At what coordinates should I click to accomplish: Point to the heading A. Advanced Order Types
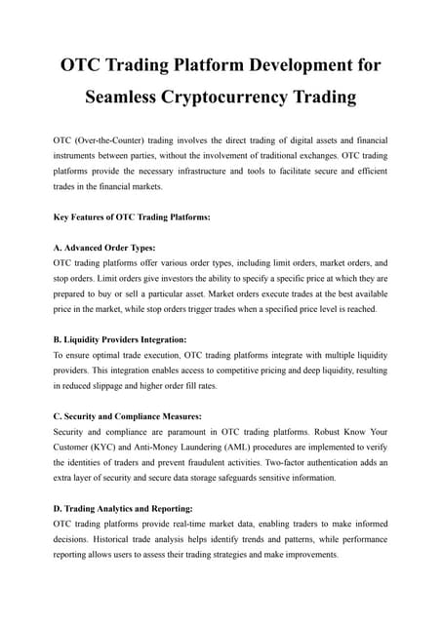(x=103, y=248)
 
